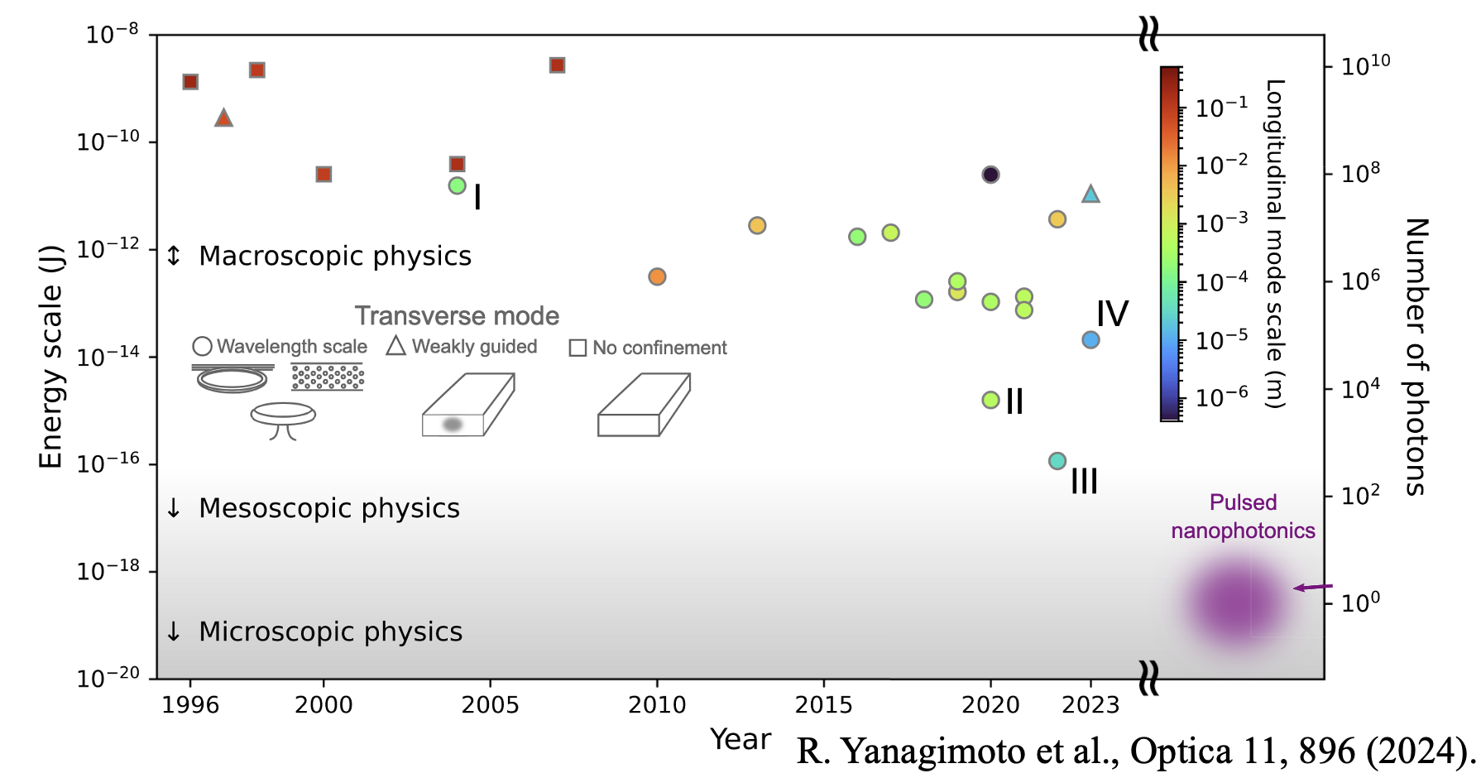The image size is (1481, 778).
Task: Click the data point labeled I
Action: [457, 186]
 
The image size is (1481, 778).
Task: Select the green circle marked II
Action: [990, 400]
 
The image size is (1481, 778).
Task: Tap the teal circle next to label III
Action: [1057, 461]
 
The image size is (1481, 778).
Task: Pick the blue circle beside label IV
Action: [1090, 340]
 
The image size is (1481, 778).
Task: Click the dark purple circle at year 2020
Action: [990, 175]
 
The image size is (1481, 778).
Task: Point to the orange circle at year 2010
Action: [657, 276]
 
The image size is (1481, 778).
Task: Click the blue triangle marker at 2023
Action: [1090, 194]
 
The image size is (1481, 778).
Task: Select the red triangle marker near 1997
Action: [223, 118]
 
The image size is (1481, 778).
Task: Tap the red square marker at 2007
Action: [557, 65]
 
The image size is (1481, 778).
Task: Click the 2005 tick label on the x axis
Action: [490, 705]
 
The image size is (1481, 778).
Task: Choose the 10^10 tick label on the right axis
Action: [1365, 65]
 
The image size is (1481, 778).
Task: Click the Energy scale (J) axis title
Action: [50, 357]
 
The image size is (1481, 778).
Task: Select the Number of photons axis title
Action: [1416, 357]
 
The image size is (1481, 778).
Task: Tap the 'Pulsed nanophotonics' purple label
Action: [1243, 516]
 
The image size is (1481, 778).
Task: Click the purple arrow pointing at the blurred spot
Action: [1312, 588]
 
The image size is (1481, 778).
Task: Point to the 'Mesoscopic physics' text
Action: [329, 508]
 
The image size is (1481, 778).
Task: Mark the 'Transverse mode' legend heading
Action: [457, 316]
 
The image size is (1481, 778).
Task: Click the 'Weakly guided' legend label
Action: [474, 347]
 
